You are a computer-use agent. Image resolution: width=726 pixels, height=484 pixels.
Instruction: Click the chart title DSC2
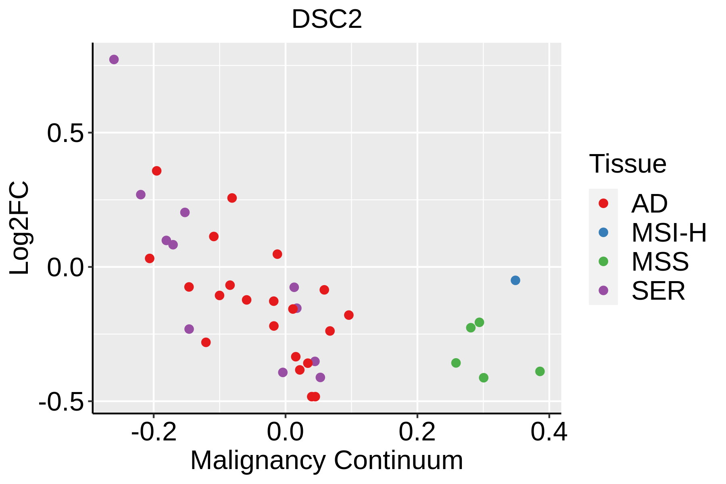point(327,19)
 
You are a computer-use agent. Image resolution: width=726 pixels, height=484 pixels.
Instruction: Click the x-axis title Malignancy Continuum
point(327,460)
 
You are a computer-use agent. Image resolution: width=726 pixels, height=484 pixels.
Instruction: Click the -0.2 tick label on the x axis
point(154,432)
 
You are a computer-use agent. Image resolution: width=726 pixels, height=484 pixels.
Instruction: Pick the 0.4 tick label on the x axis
point(549,432)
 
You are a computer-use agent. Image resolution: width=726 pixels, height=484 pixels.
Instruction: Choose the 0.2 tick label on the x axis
point(417,432)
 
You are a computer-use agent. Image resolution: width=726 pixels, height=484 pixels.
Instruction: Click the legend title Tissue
point(628,164)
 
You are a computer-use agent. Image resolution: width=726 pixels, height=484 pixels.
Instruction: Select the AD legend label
point(649,204)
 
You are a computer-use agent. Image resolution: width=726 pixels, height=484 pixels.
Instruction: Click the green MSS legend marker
point(603,261)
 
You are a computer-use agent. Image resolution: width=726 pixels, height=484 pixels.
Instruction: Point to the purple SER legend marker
point(603,290)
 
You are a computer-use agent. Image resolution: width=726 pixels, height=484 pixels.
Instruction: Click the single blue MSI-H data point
point(515,280)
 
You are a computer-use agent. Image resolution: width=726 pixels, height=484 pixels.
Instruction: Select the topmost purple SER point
point(114,60)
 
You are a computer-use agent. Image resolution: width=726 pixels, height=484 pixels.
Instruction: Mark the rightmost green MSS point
point(540,371)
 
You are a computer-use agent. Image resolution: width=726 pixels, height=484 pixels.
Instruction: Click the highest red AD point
point(157,171)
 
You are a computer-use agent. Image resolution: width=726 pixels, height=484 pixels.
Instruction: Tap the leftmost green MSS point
point(456,363)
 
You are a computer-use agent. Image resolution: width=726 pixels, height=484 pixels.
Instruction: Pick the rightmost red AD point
point(349,315)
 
